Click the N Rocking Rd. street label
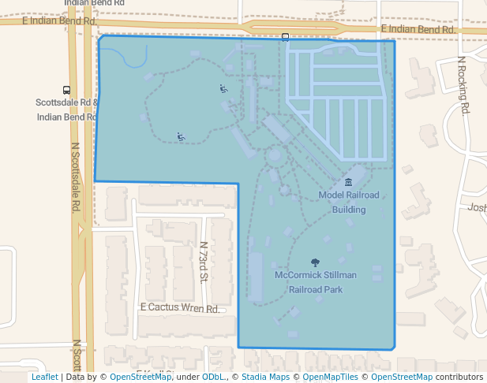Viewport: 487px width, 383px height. click(463, 84)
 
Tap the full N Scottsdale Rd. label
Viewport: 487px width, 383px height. click(77, 177)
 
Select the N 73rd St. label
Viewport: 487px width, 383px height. click(203, 262)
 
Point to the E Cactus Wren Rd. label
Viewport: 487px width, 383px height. click(179, 308)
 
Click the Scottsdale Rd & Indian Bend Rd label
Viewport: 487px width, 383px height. click(66, 110)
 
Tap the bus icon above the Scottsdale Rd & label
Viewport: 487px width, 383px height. click(66, 91)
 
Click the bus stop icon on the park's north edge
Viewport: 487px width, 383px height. click(285, 37)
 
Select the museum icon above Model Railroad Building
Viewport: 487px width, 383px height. click(349, 183)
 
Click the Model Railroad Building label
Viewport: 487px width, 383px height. click(349, 202)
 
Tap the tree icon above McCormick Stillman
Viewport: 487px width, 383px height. click(316, 262)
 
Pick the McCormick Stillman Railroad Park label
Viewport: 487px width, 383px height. click(316, 282)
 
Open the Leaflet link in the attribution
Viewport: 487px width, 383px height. click(44, 377)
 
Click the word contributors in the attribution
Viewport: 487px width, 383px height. click(459, 377)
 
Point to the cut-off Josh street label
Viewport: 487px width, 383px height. click(477, 207)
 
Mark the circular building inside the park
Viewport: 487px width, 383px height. click(274, 154)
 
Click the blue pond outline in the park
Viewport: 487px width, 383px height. click(122, 57)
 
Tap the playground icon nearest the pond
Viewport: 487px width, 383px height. click(223, 88)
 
